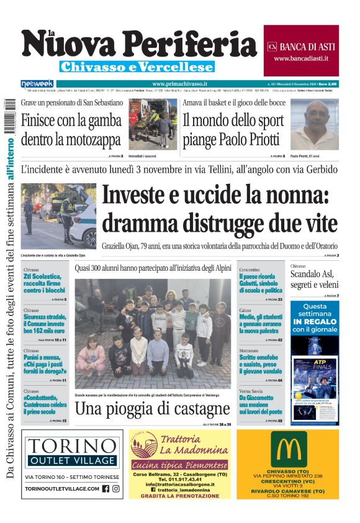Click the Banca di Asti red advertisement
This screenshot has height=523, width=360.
point(301,50)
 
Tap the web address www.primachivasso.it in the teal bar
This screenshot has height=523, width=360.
point(179,83)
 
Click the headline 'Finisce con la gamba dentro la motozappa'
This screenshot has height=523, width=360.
point(71,129)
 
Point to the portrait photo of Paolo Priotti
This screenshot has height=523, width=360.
point(314,124)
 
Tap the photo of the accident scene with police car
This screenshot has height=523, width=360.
point(58,216)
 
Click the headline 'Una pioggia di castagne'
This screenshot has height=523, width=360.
point(152,409)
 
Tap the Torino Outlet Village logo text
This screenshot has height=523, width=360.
point(73,452)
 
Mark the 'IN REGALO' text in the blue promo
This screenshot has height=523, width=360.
point(315,321)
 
